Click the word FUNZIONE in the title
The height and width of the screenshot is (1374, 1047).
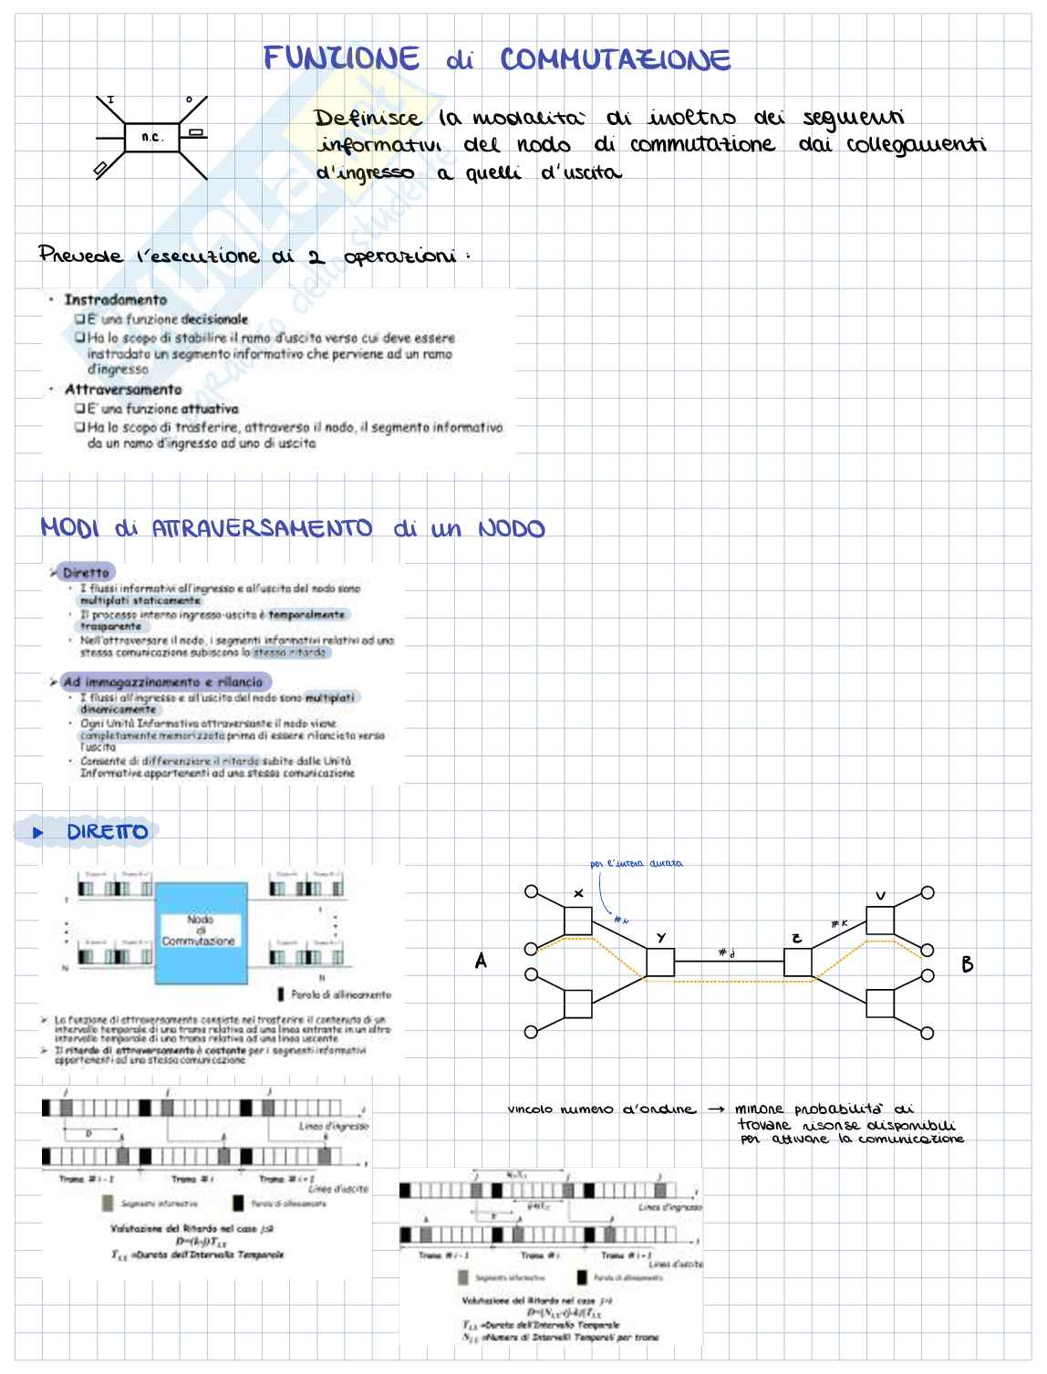coord(341,59)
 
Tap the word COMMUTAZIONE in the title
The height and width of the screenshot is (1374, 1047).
coord(616,60)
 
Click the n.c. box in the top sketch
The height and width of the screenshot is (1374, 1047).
coord(151,138)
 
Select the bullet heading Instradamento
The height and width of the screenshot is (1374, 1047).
coord(116,299)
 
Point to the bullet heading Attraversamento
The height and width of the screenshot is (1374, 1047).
coord(123,390)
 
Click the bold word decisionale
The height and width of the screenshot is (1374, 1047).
coord(214,319)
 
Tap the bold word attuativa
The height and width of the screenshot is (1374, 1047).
coord(210,409)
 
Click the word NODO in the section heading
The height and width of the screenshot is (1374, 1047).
coord(511,529)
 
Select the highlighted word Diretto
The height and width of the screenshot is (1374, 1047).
coord(86,573)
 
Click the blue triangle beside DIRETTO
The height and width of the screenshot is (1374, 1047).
coord(37,832)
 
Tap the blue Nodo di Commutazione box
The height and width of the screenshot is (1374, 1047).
coord(201,932)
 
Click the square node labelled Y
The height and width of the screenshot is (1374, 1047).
coord(660,963)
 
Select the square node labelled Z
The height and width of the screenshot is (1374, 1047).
coord(798,963)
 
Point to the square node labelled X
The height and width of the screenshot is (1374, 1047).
coord(578,921)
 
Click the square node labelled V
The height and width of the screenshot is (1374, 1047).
coord(880,920)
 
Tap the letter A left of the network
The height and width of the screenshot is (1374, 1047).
coord(481,961)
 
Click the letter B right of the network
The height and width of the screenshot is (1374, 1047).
coord(968,964)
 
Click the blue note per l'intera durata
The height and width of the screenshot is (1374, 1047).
coord(636,863)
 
